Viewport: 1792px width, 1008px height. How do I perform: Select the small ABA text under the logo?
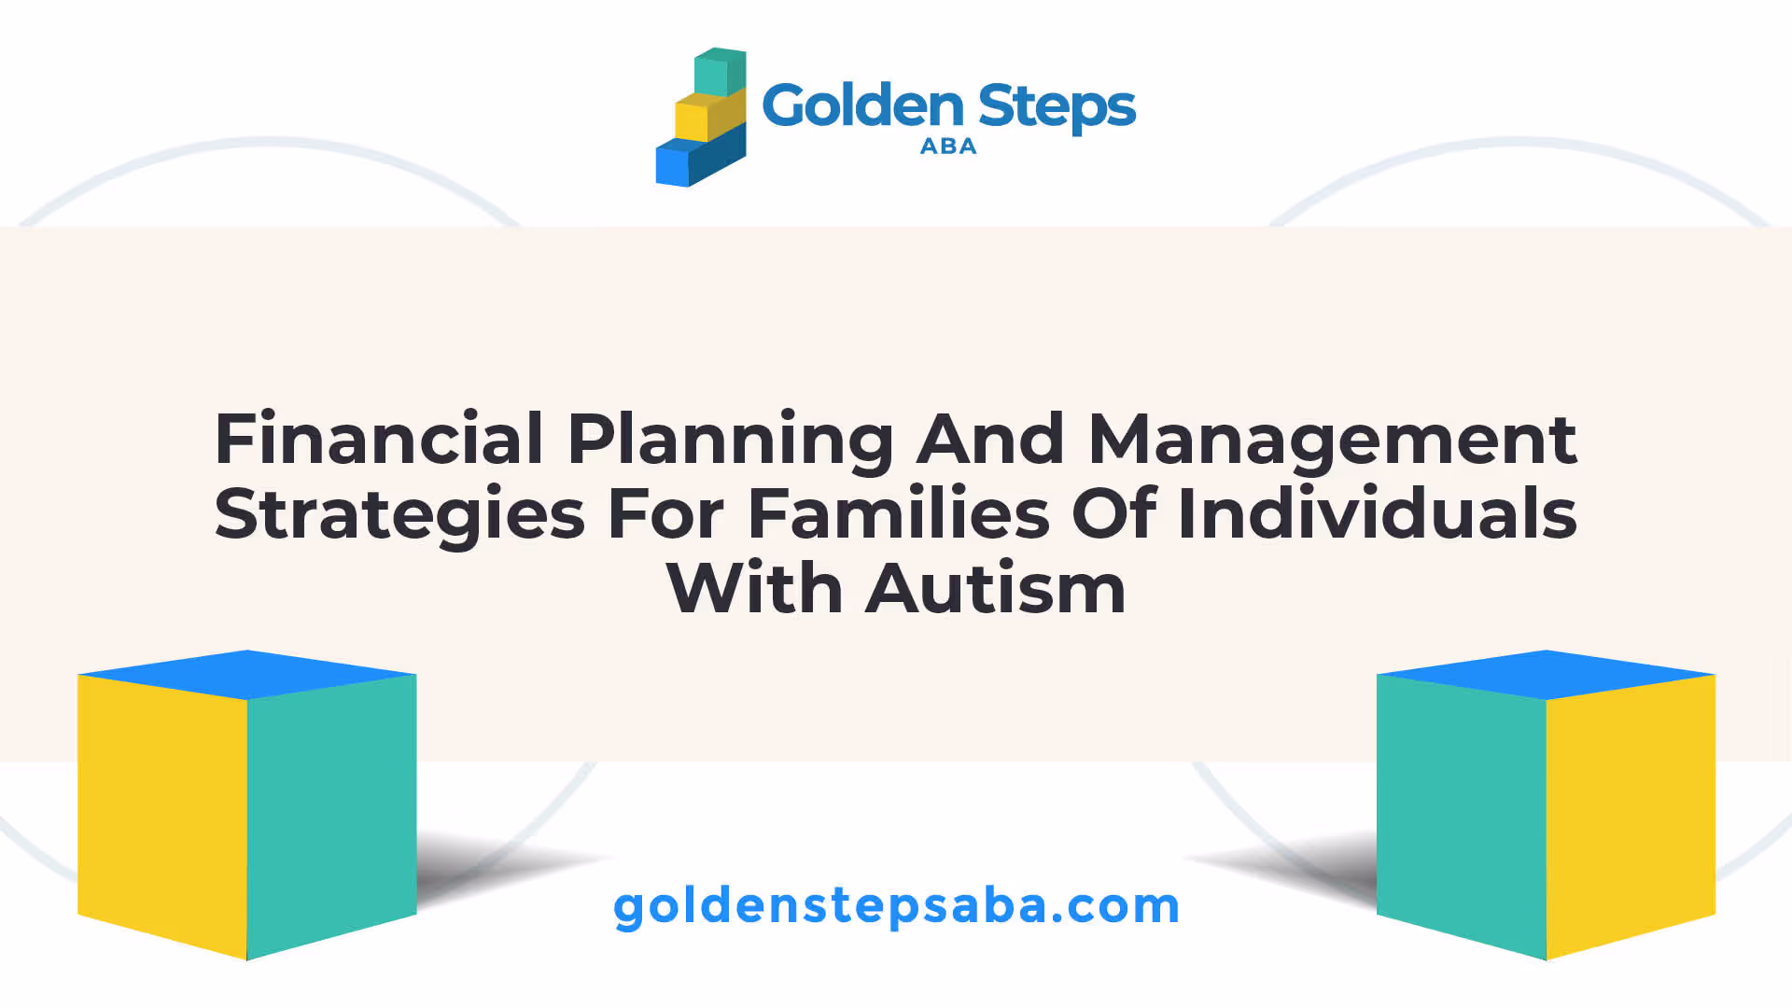pyautogui.click(x=948, y=147)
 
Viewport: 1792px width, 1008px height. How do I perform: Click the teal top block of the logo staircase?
pyautogui.click(x=720, y=72)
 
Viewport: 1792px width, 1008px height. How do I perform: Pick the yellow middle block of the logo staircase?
pyautogui.click(x=709, y=116)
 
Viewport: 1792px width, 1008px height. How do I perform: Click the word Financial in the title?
pyautogui.click(x=379, y=439)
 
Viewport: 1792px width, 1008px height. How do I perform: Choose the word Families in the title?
pyautogui.click(x=899, y=513)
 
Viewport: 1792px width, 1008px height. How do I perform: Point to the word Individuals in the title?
pyautogui.click(x=1377, y=513)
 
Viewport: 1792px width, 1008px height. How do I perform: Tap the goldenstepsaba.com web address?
pyautogui.click(x=896, y=906)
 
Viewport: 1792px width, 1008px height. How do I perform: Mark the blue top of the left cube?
pyautogui.click(x=247, y=675)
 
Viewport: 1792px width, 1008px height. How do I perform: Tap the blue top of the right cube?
pyautogui.click(x=1547, y=675)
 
